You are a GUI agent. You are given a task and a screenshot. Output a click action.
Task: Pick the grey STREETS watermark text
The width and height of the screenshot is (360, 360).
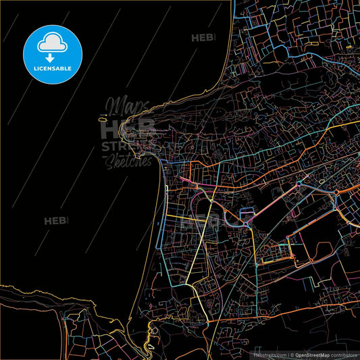click(x=128, y=147)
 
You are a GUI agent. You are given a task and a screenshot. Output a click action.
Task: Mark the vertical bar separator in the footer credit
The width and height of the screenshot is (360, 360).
click(x=287, y=354)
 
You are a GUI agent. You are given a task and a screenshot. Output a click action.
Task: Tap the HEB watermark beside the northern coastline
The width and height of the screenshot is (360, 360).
click(x=203, y=38)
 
